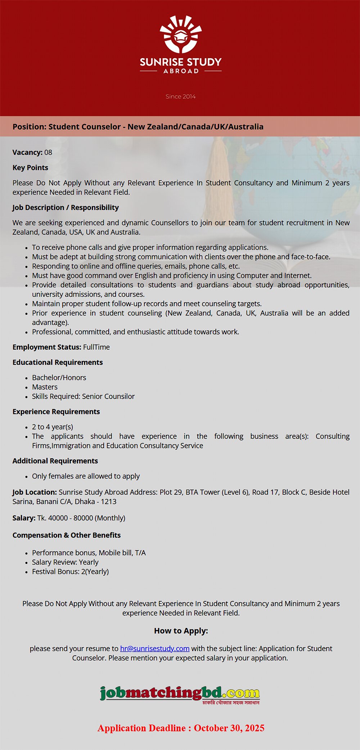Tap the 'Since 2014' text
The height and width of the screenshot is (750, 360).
(180, 96)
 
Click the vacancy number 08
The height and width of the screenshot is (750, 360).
(48, 152)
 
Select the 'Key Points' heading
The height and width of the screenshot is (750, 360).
(30, 167)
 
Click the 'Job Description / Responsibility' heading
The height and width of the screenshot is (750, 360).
(66, 207)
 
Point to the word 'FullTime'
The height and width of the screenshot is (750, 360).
(96, 347)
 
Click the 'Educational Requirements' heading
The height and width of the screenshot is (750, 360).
(58, 362)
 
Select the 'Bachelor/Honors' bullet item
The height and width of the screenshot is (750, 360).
(59, 377)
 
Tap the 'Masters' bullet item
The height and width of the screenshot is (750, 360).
(45, 387)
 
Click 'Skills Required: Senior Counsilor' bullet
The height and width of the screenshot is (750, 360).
(83, 396)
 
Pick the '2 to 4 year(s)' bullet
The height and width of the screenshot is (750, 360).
(53, 427)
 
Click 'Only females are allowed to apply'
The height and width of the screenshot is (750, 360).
(86, 476)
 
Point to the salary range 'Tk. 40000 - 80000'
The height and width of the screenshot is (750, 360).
(65, 518)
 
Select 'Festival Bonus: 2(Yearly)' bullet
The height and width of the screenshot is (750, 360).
(70, 571)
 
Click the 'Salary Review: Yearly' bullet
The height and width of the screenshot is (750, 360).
(65, 562)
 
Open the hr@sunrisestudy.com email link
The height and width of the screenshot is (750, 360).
(155, 648)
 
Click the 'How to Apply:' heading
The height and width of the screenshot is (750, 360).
(181, 631)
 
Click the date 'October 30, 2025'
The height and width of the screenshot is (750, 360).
(229, 728)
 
